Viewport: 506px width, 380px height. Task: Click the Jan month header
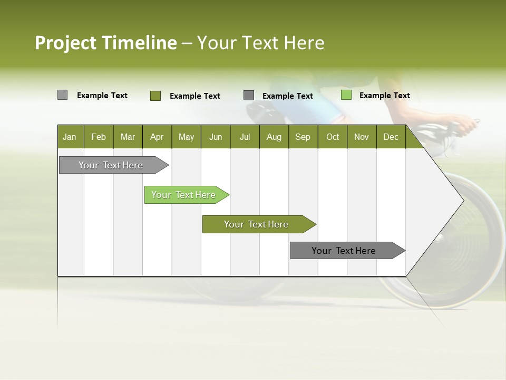tap(70, 137)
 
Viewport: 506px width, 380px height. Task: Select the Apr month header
tap(157, 137)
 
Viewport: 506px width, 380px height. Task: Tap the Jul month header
tap(245, 137)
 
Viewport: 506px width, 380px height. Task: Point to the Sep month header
tap(303, 137)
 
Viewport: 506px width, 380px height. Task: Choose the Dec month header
tap(391, 137)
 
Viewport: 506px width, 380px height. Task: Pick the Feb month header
tap(99, 137)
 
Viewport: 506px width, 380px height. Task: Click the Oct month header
tap(333, 137)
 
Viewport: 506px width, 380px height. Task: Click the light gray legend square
tap(62, 95)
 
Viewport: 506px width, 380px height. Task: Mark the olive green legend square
tap(155, 96)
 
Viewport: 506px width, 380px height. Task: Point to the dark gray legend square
tap(249, 96)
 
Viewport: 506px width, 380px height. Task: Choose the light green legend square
tap(346, 95)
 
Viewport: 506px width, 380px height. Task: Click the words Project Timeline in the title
tap(105, 43)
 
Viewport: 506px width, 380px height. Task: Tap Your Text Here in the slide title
tap(260, 43)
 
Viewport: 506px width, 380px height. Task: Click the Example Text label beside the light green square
tap(384, 96)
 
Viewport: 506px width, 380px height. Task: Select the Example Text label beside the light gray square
tap(102, 96)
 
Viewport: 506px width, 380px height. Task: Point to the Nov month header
tap(361, 137)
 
